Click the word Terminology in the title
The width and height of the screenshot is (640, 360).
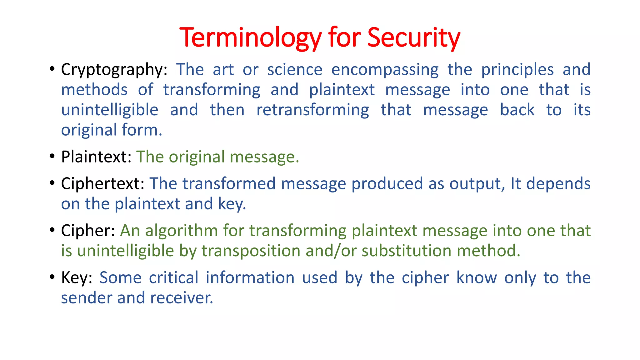click(250, 38)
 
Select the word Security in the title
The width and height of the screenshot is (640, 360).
click(413, 38)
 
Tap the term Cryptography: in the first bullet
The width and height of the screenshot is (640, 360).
click(114, 70)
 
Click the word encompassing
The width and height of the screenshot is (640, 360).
click(385, 70)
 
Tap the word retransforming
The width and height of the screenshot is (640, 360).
click(312, 110)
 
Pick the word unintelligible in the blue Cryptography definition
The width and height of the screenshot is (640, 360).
click(110, 110)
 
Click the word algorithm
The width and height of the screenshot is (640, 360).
click(181, 231)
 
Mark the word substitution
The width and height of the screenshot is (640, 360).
click(406, 251)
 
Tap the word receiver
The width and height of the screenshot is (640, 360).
click(181, 298)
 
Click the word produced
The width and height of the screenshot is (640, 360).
click(387, 184)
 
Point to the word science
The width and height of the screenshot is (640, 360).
click(295, 70)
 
